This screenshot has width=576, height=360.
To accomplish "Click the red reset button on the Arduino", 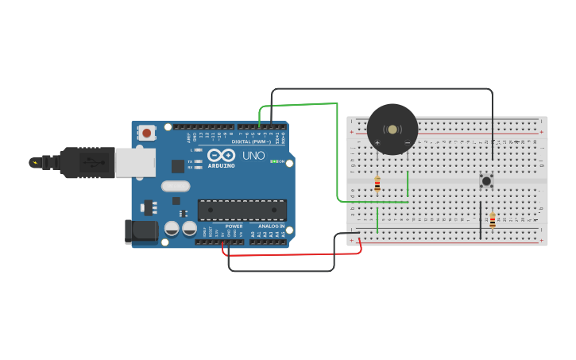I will [146, 134].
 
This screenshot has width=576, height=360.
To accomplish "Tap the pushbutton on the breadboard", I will [486, 181].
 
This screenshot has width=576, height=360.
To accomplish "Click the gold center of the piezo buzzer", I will [392, 129].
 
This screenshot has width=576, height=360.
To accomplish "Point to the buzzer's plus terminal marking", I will [377, 143].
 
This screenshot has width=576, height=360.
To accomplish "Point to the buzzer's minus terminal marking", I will [407, 143].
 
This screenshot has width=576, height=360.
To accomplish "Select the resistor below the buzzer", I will [377, 184].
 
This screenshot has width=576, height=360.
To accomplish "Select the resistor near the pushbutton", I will [493, 220].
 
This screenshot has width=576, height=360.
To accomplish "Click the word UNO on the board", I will [253, 156].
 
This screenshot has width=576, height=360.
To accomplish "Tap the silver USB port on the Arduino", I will [135, 162].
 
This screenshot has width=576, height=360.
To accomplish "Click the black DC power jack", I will [141, 232].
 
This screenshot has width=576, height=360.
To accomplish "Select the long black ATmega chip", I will [242, 210].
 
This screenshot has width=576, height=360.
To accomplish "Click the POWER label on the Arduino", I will [234, 226].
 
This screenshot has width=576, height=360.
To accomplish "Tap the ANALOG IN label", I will [271, 226].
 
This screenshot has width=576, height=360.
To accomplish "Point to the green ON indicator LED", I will [273, 161].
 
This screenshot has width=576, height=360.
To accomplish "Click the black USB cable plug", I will [87, 162].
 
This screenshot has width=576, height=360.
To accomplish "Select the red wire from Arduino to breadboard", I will [294, 254].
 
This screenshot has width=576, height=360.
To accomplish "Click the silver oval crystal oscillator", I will [176, 186].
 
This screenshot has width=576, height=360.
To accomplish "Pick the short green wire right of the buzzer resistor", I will [408, 184].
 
